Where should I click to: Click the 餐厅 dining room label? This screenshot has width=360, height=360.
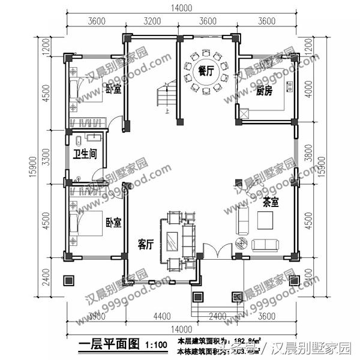click(x=206, y=70)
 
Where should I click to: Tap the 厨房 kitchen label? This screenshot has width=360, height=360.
click(x=265, y=91)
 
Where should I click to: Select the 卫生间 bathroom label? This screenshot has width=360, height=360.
click(x=85, y=153)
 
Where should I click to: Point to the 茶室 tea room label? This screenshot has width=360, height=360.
click(x=271, y=202)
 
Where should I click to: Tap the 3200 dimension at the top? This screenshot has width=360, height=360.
click(x=152, y=22)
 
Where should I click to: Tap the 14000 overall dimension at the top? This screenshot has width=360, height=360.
click(x=180, y=7)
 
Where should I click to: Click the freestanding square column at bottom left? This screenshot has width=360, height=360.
click(x=68, y=280)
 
